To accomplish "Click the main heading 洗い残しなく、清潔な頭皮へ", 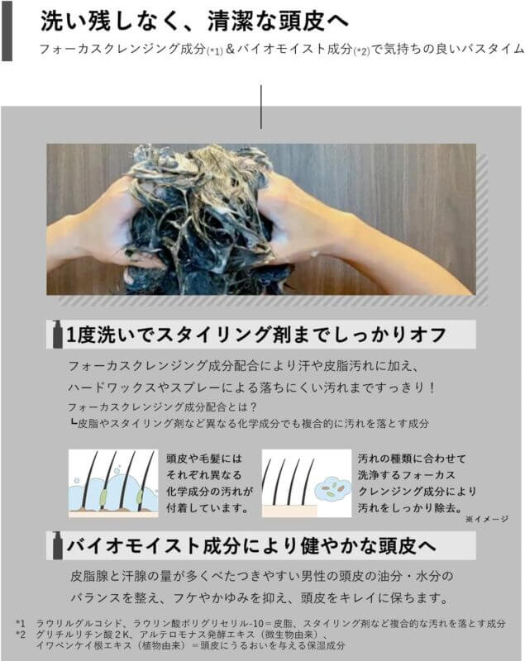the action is (194, 21).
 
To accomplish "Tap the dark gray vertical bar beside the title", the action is (7, 31).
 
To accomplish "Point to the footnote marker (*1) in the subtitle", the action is (214, 51).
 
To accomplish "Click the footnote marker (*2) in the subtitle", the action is (361, 51).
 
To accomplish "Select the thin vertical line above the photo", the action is (261, 107).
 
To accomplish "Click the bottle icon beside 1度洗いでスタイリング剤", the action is (57, 335).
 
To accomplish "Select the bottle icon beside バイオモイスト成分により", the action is (57, 545).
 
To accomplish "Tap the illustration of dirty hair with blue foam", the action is (113, 483).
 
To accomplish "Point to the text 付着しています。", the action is (208, 508).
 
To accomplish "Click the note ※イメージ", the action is (487, 519).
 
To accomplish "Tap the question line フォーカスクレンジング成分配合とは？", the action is (163, 407).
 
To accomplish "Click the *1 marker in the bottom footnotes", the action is (20, 623).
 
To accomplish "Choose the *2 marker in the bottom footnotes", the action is (20, 634).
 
